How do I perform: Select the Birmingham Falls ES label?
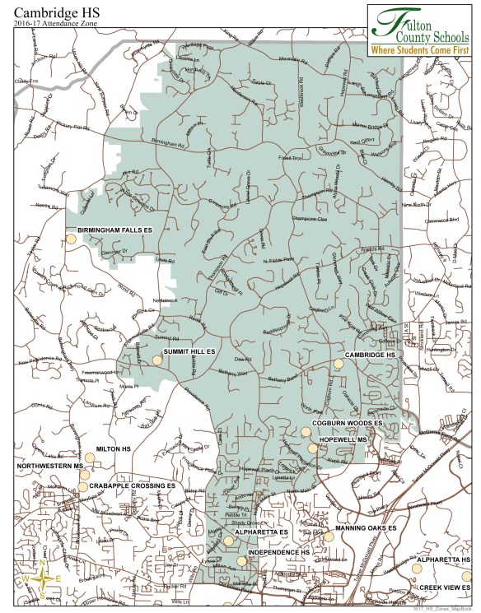pyautogui.click(x=115, y=230)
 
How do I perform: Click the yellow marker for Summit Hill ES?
pyautogui.click(x=156, y=360)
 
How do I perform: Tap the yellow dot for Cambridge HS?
pyautogui.click(x=338, y=363)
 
